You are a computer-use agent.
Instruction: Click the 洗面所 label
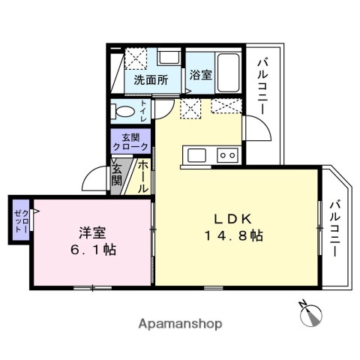[x=150, y=79]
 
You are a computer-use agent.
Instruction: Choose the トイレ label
[x=143, y=112]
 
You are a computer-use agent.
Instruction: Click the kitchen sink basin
[x=197, y=155]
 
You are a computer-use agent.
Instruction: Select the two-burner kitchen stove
[x=226, y=155]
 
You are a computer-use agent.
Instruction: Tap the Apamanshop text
[x=180, y=324]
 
